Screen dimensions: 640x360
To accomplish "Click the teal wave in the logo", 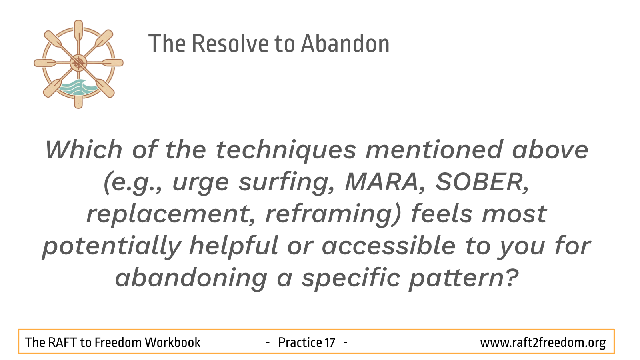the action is tap(78, 87).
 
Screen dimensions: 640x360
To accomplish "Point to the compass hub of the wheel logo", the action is tap(78, 63).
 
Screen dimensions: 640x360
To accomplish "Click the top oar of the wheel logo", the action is tap(78, 30).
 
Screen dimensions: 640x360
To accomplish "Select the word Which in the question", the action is tap(84, 150).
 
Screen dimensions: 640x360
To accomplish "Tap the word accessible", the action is tap(388, 246).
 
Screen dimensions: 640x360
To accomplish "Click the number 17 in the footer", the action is tap(330, 342).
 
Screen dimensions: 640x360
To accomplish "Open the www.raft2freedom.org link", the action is tap(543, 342).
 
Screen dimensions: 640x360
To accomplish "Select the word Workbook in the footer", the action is tap(172, 342).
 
